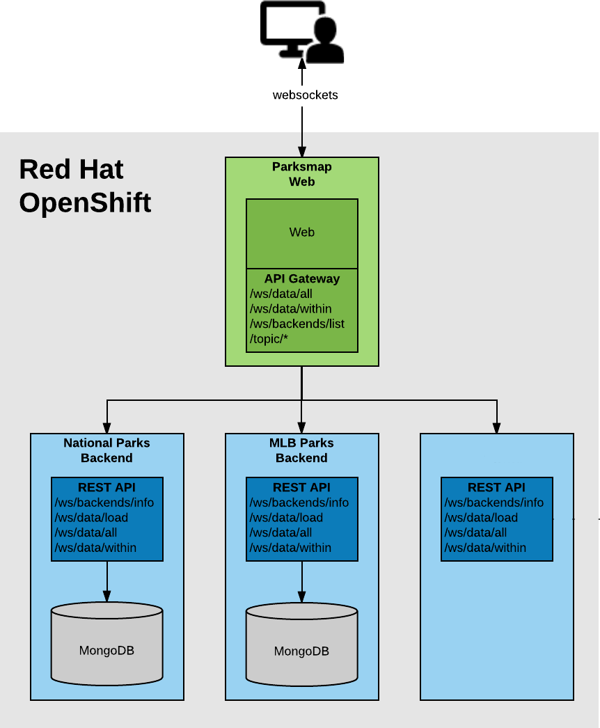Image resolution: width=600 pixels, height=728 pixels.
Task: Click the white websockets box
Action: pyautogui.click(x=305, y=95)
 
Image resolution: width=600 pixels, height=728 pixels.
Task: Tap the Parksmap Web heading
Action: pyautogui.click(x=301, y=174)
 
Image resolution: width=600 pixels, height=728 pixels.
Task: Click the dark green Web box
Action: pyautogui.click(x=301, y=232)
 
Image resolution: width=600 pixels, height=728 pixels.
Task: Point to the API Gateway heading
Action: pyautogui.click(x=301, y=278)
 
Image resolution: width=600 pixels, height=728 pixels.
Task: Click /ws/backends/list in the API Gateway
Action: pyautogui.click(x=297, y=324)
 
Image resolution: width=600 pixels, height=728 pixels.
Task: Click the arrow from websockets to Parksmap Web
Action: pyautogui.click(x=301, y=144)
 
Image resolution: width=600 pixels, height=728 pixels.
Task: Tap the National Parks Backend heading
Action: pyautogui.click(x=106, y=450)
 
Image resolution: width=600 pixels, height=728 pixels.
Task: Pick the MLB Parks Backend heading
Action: pyautogui.click(x=301, y=450)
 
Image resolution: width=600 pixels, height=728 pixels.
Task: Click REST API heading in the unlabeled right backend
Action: pyautogui.click(x=496, y=487)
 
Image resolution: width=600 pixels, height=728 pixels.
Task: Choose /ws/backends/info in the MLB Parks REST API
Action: pyautogui.click(x=299, y=503)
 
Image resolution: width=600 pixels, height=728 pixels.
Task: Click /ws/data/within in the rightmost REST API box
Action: pyautogui.click(x=485, y=548)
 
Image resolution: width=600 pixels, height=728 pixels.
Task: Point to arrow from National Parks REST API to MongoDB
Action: pyautogui.click(x=106, y=581)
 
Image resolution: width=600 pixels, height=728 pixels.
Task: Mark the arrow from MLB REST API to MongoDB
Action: pyautogui.click(x=301, y=581)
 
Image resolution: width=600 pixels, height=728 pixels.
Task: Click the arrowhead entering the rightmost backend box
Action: pyautogui.click(x=496, y=427)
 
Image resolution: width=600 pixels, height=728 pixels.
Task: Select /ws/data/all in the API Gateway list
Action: pyautogui.click(x=281, y=294)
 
